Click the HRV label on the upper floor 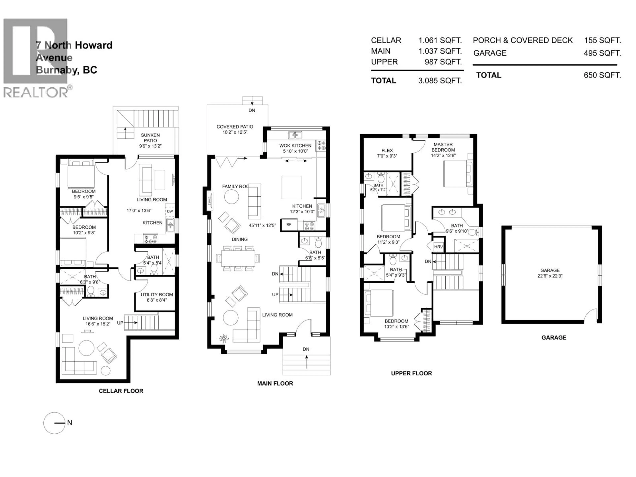(x=438, y=247)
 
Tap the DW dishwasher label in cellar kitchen (x=170, y=211)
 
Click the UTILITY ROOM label (x=157, y=294)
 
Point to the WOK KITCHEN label (x=295, y=145)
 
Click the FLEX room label (x=387, y=150)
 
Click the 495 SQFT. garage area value (x=602, y=53)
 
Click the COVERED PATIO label (x=235, y=127)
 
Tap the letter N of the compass (x=70, y=423)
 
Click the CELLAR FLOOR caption (x=121, y=391)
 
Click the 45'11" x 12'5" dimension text (x=262, y=225)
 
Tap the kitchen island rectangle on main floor (x=291, y=187)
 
